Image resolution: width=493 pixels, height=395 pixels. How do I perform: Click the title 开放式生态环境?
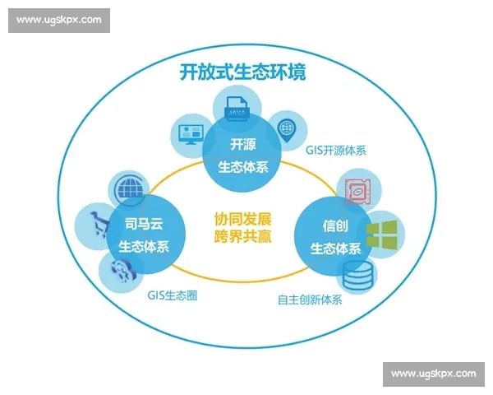tap(242, 72)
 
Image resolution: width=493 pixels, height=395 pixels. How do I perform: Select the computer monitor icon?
tap(190, 132)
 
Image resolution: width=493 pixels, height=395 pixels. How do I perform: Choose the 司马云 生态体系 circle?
tap(145, 235)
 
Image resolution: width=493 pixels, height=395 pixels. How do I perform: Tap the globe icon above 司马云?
tap(131, 188)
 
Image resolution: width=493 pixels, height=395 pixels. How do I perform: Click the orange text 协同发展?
tap(242, 221)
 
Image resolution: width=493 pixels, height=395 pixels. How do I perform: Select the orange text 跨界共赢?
tap(242, 237)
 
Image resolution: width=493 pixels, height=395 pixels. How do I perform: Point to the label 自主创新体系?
tap(310, 300)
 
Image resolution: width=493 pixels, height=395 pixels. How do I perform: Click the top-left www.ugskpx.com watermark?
tap(59, 19)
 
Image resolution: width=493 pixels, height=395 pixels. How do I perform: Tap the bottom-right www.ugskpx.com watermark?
tap(433, 374)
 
